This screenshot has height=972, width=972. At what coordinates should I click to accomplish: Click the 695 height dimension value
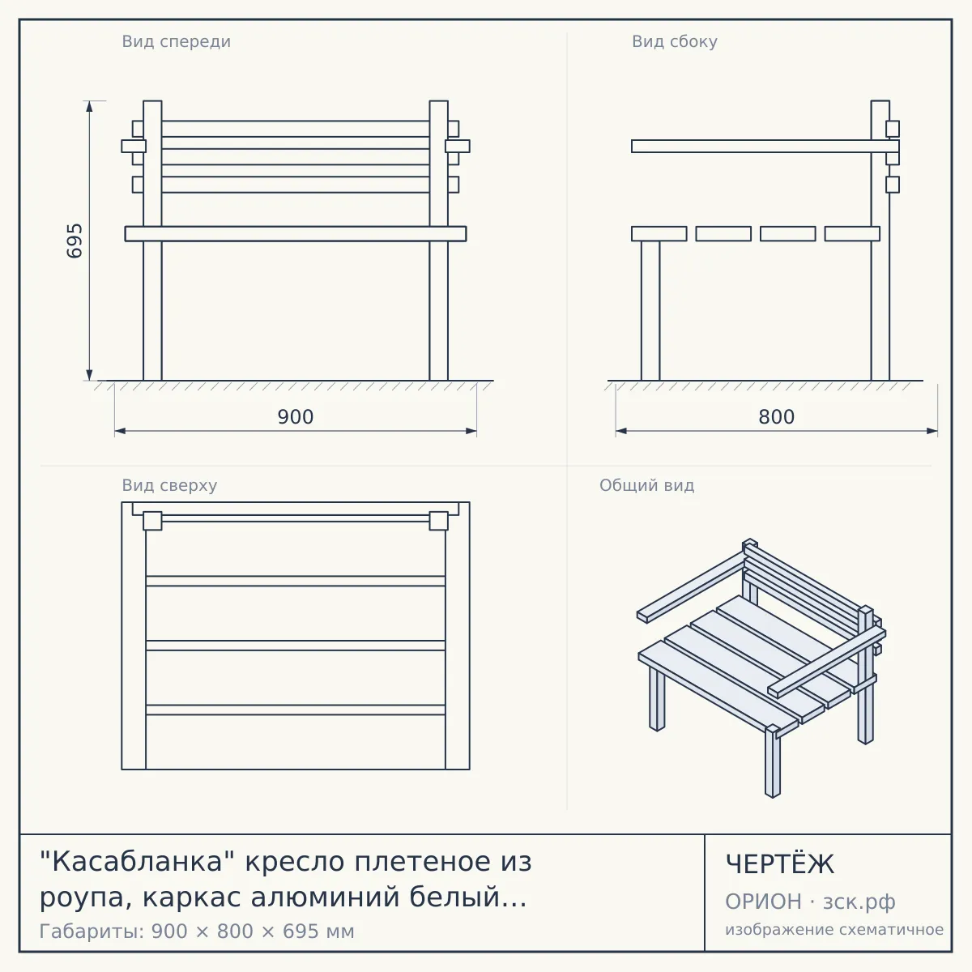pyautogui.click(x=75, y=241)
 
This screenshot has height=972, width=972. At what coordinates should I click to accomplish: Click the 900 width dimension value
pyautogui.click(x=296, y=417)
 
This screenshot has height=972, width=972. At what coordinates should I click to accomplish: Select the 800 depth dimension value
pyautogui.click(x=776, y=417)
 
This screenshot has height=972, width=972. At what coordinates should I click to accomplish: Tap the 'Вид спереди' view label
pyautogui.click(x=176, y=41)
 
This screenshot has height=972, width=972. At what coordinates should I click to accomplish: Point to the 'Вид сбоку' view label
pyautogui.click(x=675, y=41)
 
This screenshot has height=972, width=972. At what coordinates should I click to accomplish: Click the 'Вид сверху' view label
pyautogui.click(x=169, y=485)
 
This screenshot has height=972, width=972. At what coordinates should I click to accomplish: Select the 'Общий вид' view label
pyautogui.click(x=646, y=485)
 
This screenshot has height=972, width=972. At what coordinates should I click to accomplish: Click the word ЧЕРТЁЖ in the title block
pyautogui.click(x=780, y=864)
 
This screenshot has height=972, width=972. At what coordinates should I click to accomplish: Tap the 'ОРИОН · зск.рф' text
pyautogui.click(x=810, y=902)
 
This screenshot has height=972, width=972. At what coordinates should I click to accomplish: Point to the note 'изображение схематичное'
pyautogui.click(x=834, y=929)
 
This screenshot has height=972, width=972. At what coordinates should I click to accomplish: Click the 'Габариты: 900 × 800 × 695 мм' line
pyautogui.click(x=197, y=932)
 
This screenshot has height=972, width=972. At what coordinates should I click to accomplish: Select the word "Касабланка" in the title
pyautogui.click(x=131, y=861)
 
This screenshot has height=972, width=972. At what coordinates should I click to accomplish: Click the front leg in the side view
pyautogui.click(x=650, y=311)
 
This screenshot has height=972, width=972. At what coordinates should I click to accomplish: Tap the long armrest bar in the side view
pyautogui.click(x=765, y=147)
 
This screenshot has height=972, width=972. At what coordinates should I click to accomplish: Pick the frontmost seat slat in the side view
pyautogui.click(x=659, y=233)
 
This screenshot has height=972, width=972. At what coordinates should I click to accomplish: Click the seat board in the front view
pyautogui.click(x=296, y=233)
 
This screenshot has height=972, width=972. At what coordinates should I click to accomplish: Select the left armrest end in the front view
pyautogui.click(x=134, y=147)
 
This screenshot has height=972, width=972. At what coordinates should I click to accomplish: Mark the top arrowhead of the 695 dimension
pyautogui.click(x=89, y=106)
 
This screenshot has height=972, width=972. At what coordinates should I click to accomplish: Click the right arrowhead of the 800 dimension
pyautogui.click(x=932, y=431)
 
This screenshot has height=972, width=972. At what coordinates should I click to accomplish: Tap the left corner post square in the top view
pyautogui.click(x=152, y=521)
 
